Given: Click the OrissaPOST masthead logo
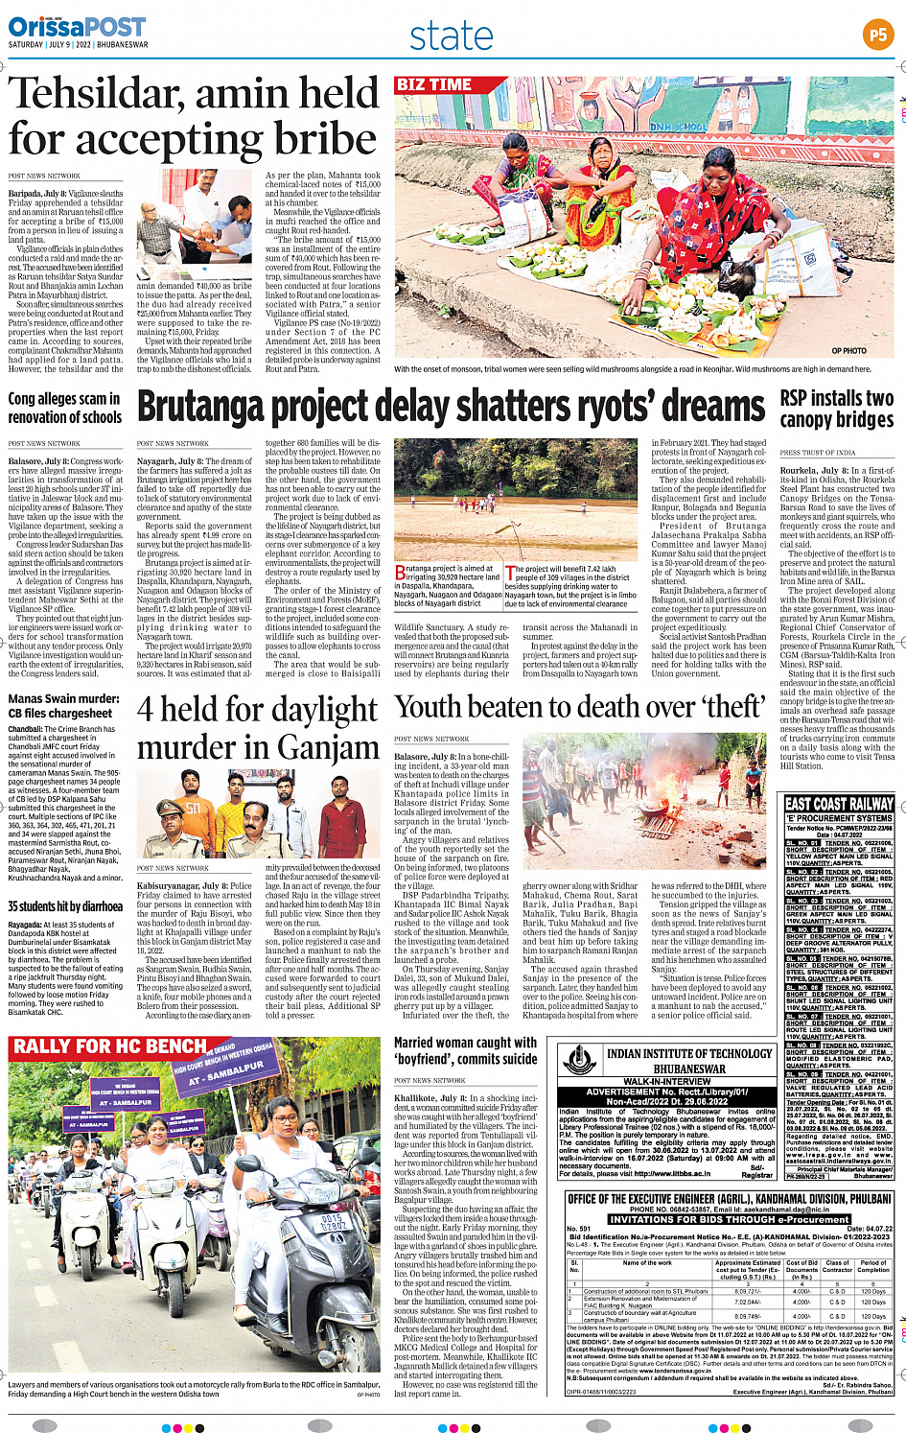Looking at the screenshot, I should coord(77,27).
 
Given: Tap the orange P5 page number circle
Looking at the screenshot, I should coord(877,35).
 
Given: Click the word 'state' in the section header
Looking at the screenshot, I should coord(451,36).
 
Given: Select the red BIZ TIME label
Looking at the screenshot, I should coord(434,85).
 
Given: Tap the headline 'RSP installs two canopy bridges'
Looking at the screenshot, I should coord(836,409).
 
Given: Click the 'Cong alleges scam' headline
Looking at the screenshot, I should coord(64,408).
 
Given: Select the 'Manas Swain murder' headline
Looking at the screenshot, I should coord(63,706).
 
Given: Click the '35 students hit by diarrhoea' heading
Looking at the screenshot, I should coord(65,906).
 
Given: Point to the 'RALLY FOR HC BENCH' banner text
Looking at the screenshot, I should coord(109,1046).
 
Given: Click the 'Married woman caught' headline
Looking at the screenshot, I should coord(465,1050).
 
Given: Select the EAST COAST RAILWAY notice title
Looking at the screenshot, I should coord(839,804).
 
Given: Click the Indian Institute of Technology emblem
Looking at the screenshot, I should coord(579,1060).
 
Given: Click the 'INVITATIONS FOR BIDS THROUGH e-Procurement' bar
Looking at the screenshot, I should coord(728,1219).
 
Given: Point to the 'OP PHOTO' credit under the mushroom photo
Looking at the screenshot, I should coord(848,351).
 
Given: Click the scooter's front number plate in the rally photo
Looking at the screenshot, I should coord(333,1223).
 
